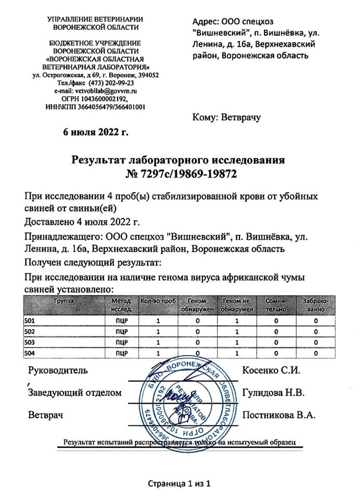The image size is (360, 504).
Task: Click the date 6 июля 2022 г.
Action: [95, 132]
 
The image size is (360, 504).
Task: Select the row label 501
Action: [30, 321]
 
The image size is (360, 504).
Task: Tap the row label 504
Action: [30, 354]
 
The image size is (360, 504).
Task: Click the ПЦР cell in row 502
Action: [121, 332]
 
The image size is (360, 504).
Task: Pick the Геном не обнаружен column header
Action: [237, 305]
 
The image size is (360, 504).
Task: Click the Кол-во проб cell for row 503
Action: [158, 343]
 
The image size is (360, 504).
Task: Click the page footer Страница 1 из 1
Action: [179, 484]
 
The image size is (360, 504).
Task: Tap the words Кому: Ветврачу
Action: [227, 118]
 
